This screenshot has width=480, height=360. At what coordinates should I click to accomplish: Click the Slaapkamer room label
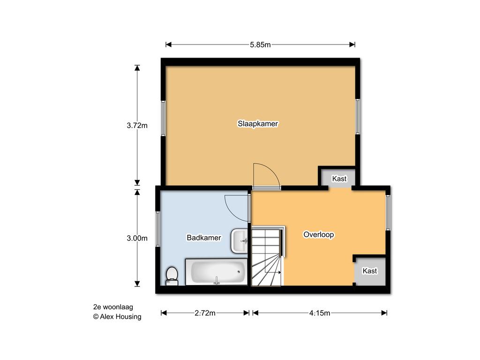pyautogui.click(x=258, y=124)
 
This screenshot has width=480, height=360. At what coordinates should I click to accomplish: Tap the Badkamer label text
pyautogui.click(x=204, y=238)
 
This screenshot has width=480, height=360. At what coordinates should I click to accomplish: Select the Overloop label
pyautogui.click(x=319, y=235)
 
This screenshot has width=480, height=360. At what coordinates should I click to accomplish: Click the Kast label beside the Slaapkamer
pyautogui.click(x=339, y=179)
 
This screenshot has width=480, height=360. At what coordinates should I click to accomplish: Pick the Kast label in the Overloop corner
pyautogui.click(x=370, y=271)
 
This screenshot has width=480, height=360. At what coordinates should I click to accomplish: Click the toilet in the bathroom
pyautogui.click(x=172, y=276)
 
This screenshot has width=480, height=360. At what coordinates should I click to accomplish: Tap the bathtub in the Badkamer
pyautogui.click(x=217, y=272)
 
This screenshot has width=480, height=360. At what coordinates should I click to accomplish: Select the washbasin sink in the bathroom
pyautogui.click(x=240, y=241)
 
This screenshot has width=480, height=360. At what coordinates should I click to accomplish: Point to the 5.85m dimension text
pyautogui.click(x=260, y=45)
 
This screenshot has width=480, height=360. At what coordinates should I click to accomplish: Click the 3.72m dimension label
pyautogui.click(x=137, y=125)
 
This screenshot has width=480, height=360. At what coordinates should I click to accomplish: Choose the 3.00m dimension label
pyautogui.click(x=137, y=238)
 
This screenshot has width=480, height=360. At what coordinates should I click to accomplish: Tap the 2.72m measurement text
pyautogui.click(x=205, y=313)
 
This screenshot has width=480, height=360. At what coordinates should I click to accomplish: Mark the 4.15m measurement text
pyautogui.click(x=320, y=313)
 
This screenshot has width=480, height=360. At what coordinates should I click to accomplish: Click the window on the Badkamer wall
pyautogui.click(x=158, y=229)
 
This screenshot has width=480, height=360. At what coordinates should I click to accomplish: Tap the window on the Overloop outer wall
pyautogui.click(x=388, y=212)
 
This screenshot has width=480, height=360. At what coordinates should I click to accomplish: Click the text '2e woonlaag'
pyautogui.click(x=113, y=307)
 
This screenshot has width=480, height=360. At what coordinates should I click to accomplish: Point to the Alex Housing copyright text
pyautogui.click(x=117, y=317)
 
